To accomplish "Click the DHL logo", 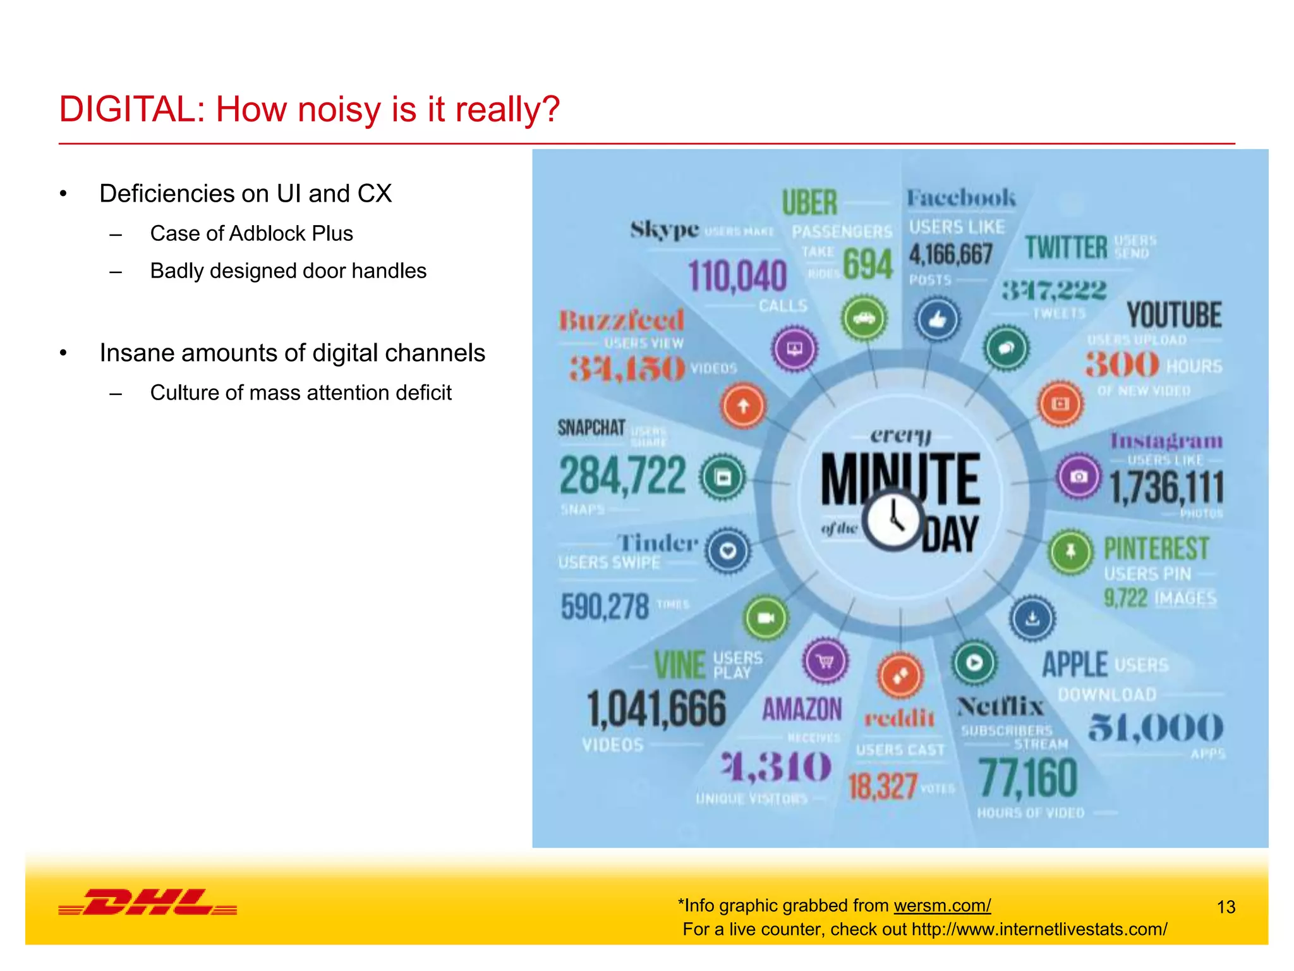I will coord(148,902).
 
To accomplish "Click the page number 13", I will coord(1226,907).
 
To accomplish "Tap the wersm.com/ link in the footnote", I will coord(942,905).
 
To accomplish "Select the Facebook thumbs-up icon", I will coord(938,319).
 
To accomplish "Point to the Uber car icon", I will coord(864,318).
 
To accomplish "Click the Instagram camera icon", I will coord(1079,475).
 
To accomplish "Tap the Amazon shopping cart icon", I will coord(825,662).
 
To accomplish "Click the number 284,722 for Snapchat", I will coord(622,476).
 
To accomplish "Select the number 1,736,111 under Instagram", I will coord(1166,488).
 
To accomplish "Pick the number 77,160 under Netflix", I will coord(1028,778).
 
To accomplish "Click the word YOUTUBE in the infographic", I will coord(1174,315).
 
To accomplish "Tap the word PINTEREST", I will coord(1156,548).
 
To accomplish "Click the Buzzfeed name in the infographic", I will coord(622,320).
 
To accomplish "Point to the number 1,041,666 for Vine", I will coord(656,709).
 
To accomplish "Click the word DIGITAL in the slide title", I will coord(127,109).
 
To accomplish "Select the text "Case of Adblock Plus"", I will coord(251,233).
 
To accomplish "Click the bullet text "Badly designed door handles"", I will coord(288,271).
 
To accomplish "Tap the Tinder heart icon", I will coord(728,551).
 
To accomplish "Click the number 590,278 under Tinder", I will coord(605,606).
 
